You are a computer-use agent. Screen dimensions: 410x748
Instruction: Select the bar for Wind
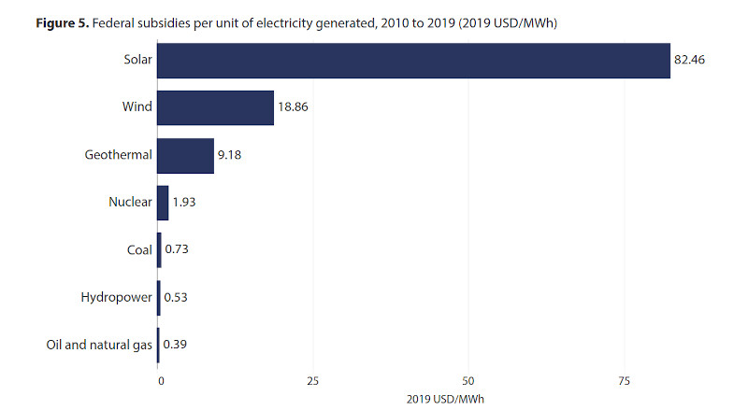click(x=215, y=108)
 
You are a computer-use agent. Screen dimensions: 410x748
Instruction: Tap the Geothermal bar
click(x=185, y=155)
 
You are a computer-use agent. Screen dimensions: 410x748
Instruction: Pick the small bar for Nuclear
click(x=163, y=203)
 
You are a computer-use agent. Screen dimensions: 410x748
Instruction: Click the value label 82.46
click(x=689, y=61)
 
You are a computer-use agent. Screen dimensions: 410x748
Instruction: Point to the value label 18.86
click(x=293, y=108)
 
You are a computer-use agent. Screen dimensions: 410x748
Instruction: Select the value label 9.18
click(x=231, y=155)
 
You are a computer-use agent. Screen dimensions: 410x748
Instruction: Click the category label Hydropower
click(x=116, y=298)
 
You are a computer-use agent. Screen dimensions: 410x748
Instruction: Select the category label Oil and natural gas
click(x=99, y=346)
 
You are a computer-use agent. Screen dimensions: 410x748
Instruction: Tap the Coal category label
click(x=139, y=250)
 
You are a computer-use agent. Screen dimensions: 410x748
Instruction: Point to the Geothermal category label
click(x=118, y=155)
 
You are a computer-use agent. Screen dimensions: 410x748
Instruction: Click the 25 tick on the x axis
click(x=313, y=380)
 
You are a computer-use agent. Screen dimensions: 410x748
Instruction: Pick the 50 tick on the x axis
click(x=468, y=380)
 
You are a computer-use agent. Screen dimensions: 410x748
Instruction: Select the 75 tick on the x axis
click(x=624, y=380)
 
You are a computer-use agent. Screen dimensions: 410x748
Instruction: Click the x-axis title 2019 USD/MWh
click(x=444, y=399)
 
